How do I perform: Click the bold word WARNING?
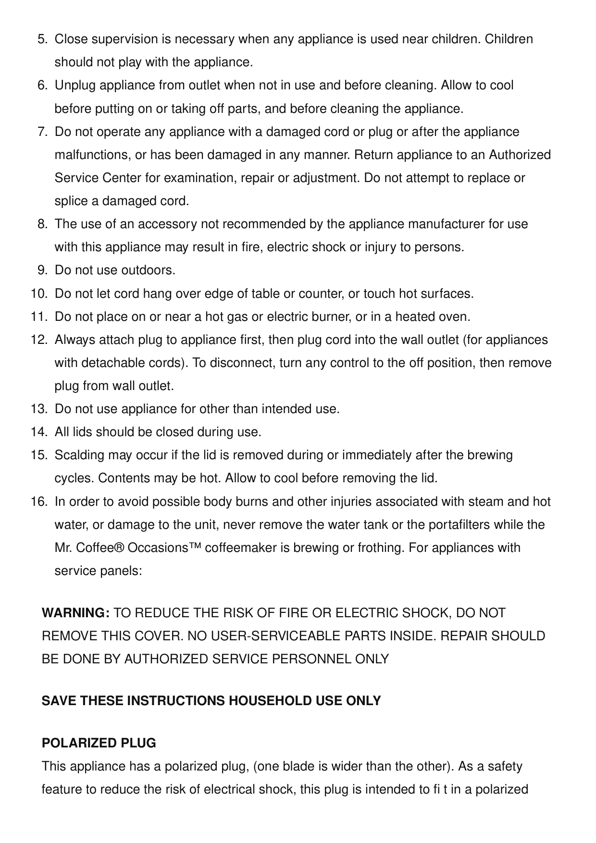[76, 613]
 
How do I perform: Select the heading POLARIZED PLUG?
[99, 744]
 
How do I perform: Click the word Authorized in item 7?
[520, 155]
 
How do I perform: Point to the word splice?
[71, 201]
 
